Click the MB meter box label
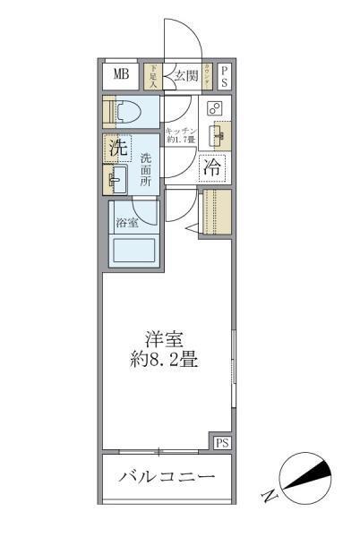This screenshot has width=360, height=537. (x=120, y=74)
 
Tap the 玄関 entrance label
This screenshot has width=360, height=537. (x=186, y=75)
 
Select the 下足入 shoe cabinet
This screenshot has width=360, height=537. (x=153, y=75)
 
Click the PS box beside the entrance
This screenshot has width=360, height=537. (x=225, y=75)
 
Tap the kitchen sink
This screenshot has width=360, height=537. (x=216, y=136)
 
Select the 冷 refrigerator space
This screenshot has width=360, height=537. (x=213, y=166)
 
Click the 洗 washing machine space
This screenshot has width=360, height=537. (x=117, y=149)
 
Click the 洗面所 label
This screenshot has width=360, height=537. (x=146, y=170)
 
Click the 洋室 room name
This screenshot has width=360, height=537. (x=165, y=339)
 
